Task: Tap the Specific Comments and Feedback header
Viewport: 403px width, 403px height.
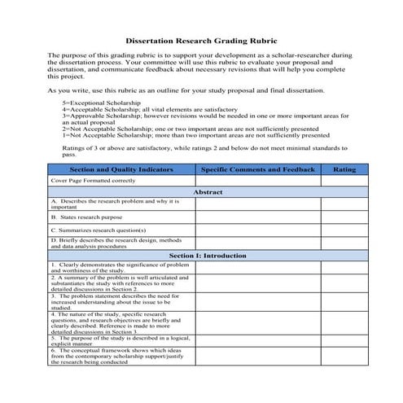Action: [x=257, y=169]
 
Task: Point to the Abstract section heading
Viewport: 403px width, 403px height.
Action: [x=207, y=191]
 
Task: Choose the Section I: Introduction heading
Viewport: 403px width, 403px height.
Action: [x=207, y=256]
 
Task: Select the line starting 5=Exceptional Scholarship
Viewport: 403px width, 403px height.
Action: [x=102, y=103]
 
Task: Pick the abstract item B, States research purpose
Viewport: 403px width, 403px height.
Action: [x=90, y=218]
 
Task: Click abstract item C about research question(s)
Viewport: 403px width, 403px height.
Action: [x=98, y=230]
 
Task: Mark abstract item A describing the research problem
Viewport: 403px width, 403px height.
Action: [x=114, y=204]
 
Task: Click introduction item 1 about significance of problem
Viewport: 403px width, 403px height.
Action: [x=120, y=267]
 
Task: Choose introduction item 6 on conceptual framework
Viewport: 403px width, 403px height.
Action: [x=119, y=357]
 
